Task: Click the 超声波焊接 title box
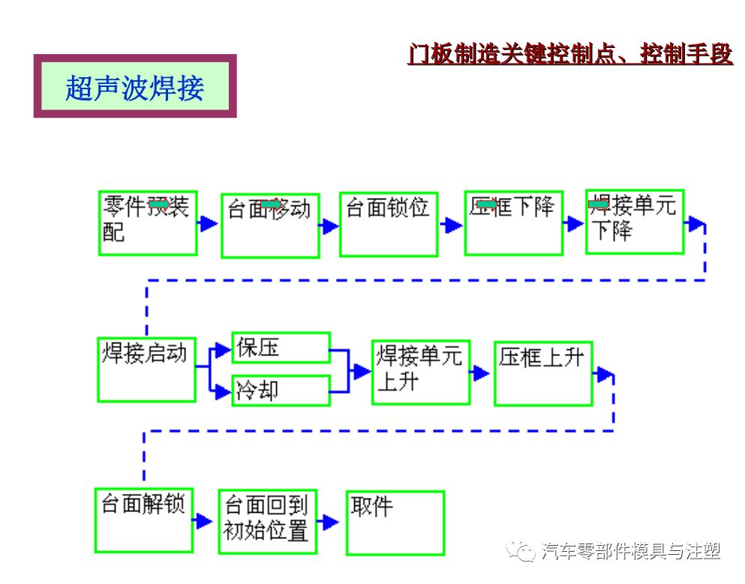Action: [x=135, y=86]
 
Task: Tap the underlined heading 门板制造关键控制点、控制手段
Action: [x=569, y=55]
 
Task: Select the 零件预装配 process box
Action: [x=148, y=223]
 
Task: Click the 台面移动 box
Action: [x=270, y=225]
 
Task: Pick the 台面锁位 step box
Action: [x=388, y=224]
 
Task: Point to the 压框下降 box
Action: [x=513, y=223]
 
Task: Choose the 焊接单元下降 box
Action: [x=634, y=221]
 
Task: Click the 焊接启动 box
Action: [x=146, y=369]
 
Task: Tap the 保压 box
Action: [x=281, y=348]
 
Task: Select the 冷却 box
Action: [x=281, y=391]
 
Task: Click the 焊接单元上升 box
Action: [x=420, y=373]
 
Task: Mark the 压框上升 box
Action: [x=542, y=373]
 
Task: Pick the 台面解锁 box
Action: [x=143, y=519]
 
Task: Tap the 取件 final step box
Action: [x=395, y=523]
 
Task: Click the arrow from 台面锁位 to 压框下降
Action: [x=452, y=225]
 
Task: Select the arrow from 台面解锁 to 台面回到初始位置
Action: [x=203, y=520]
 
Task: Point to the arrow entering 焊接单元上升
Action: [x=362, y=370]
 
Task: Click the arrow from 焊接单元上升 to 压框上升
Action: [x=481, y=373]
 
